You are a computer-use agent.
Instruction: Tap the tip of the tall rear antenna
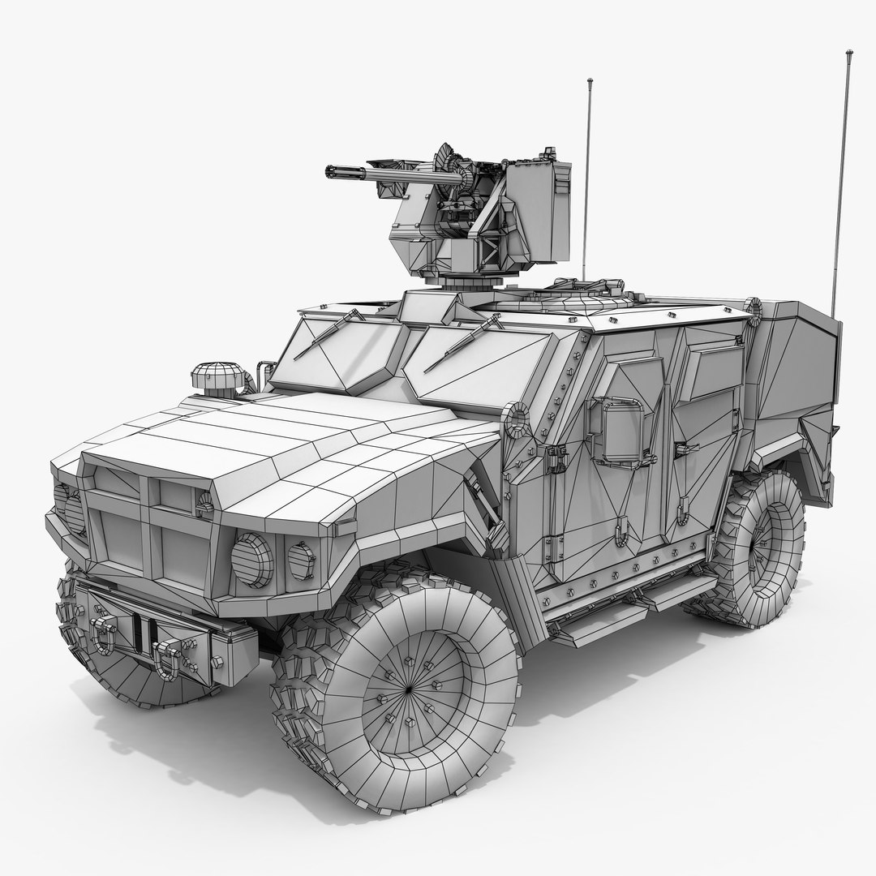click(849, 53)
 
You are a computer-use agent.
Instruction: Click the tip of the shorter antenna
click(590, 81)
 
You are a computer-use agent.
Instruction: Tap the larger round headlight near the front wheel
click(252, 560)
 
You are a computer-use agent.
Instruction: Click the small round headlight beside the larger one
click(301, 560)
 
